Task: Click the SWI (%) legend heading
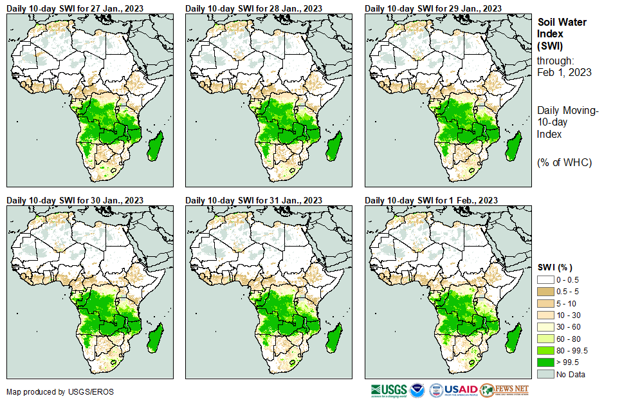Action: (554, 267)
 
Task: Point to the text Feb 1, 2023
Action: (564, 72)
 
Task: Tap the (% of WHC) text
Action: (564, 162)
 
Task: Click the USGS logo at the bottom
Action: (389, 390)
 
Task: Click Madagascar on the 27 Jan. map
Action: (155, 143)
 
